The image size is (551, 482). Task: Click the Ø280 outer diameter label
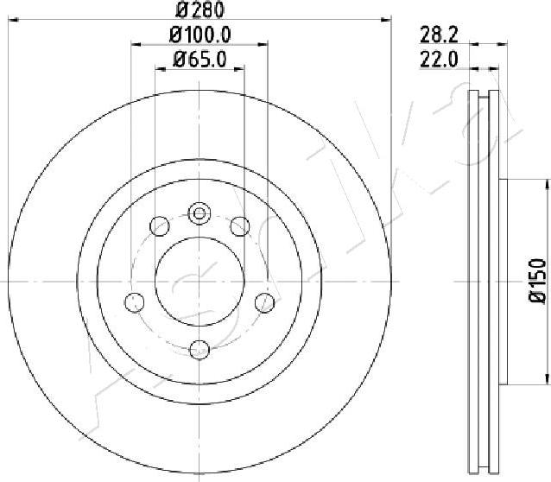(x=199, y=10)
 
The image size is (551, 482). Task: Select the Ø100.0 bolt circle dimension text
(x=200, y=35)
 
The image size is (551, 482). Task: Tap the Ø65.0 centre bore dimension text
(x=199, y=60)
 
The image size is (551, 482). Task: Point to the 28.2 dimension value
(x=440, y=35)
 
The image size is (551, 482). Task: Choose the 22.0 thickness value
(x=440, y=60)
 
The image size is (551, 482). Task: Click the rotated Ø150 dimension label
(x=537, y=281)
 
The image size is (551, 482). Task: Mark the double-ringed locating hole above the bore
(x=199, y=213)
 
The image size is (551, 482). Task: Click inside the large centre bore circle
(x=199, y=282)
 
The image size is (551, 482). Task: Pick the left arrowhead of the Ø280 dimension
(x=13, y=20)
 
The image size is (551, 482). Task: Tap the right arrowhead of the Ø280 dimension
(x=386, y=20)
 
